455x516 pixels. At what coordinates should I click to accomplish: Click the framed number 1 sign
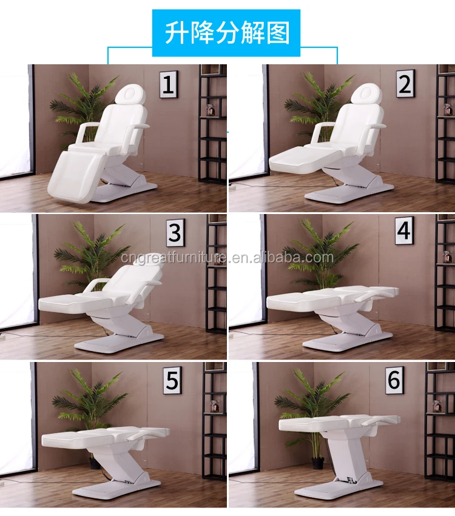coord(169,85)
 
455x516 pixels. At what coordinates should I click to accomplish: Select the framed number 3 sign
coord(175,233)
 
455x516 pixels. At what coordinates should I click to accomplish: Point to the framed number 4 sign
coord(405,230)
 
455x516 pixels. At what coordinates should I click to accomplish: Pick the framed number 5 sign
coord(172,380)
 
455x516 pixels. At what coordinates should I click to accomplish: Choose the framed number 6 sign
coord(394,380)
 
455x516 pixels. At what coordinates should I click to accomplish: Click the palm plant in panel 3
coord(88,255)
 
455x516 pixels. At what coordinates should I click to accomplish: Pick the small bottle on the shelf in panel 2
coord(447,110)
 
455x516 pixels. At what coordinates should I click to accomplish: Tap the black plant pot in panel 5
coord(94,462)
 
